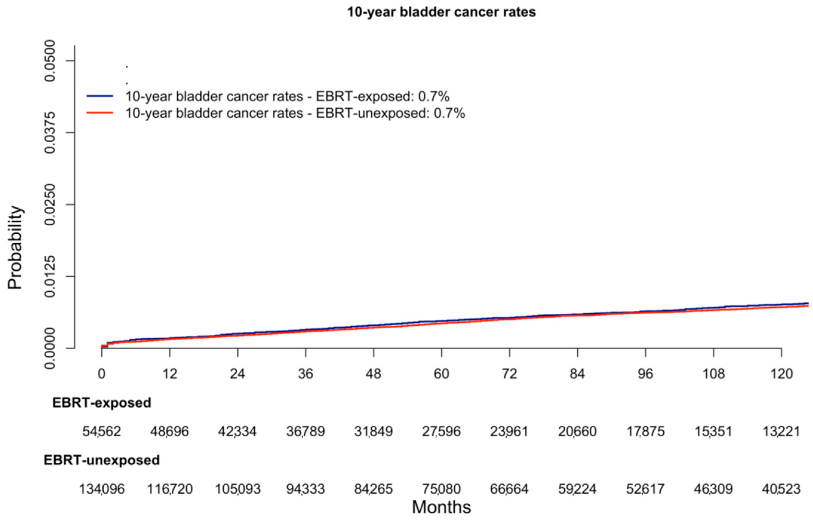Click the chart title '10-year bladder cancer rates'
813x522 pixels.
click(441, 12)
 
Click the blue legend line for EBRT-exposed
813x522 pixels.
click(100, 97)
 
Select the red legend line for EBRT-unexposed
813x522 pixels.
click(100, 113)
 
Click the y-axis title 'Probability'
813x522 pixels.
click(15, 247)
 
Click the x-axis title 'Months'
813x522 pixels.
click(441, 507)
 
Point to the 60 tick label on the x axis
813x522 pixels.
click(441, 374)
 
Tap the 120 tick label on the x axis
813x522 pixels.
click(781, 374)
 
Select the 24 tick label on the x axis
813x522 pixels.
click(237, 374)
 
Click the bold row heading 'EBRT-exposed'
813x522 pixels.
click(102, 403)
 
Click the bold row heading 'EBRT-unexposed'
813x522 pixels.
click(102, 460)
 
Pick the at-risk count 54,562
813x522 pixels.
click(102, 432)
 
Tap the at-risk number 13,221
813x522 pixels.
click(781, 432)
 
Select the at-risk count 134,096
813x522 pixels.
click(102, 489)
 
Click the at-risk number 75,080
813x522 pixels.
click(441, 489)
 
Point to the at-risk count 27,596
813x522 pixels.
click(441, 432)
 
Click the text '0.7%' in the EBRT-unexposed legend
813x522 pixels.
click(449, 113)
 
